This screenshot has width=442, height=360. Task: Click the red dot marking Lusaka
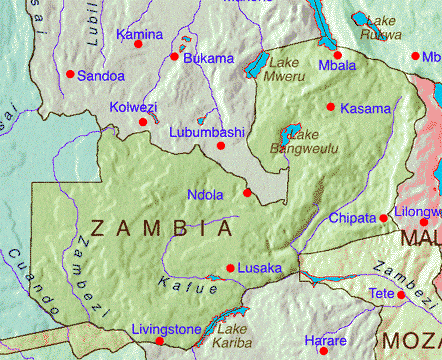[231, 268]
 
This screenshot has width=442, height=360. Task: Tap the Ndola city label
[205, 195]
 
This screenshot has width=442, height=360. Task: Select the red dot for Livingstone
[159, 341]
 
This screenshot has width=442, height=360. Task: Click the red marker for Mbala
[337, 55]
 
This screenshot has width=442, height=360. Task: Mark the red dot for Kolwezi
[143, 122]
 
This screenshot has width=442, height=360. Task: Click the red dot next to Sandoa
[70, 74]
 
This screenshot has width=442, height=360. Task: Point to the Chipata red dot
[384, 218]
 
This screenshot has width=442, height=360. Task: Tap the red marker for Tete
[402, 295]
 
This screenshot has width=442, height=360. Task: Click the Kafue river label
[188, 288]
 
